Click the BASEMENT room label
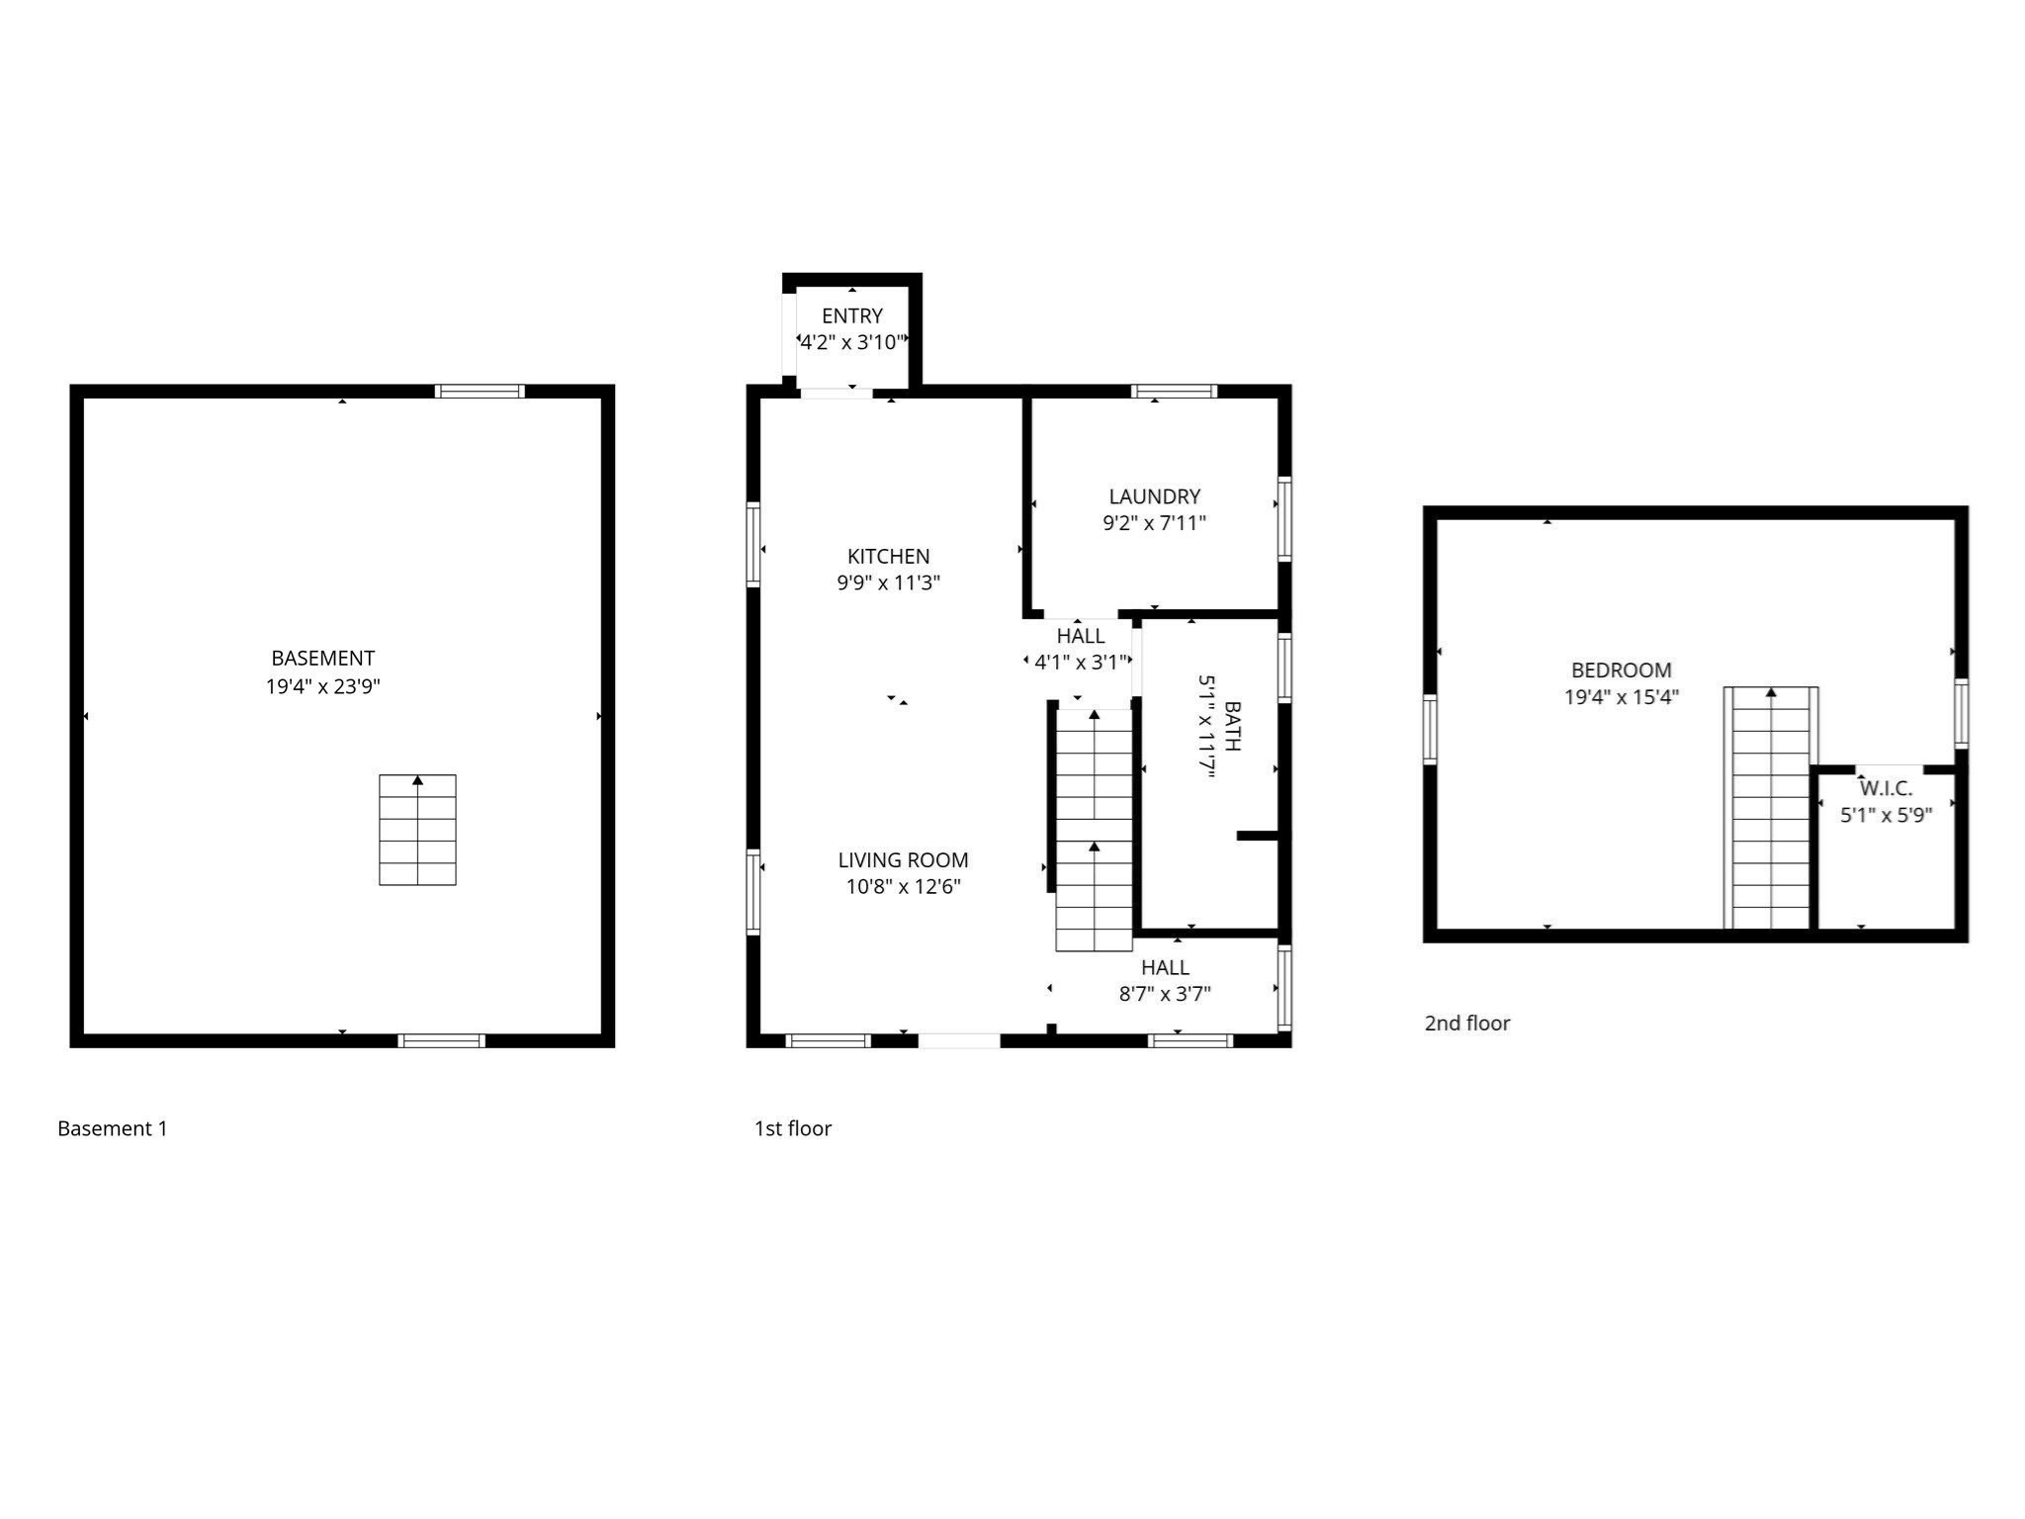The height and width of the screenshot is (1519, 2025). (x=322, y=658)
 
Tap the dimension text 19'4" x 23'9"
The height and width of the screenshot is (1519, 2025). (x=322, y=686)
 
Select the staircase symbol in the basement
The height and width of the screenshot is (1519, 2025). (x=417, y=830)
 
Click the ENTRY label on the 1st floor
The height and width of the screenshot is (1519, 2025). (x=851, y=315)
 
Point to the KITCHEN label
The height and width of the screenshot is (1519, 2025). (x=888, y=556)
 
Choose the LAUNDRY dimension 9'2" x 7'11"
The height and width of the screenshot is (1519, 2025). (x=1154, y=523)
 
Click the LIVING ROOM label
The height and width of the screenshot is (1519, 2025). (x=903, y=860)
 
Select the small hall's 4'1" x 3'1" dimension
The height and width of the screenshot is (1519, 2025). (x=1080, y=663)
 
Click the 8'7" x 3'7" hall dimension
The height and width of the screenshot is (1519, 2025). (x=1165, y=994)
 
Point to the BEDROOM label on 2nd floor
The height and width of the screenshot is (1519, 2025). (x=1621, y=670)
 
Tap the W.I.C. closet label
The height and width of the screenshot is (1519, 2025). (x=1886, y=788)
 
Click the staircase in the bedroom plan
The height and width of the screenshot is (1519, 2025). (x=1770, y=807)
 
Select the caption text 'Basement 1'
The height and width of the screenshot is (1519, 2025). (x=113, y=1128)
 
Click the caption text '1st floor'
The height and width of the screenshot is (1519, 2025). (x=792, y=1128)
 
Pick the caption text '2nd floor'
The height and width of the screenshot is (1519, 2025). (x=1466, y=1024)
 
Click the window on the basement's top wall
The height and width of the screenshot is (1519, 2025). (x=480, y=392)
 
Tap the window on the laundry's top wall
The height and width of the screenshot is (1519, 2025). (x=1174, y=392)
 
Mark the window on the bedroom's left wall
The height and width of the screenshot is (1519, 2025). (x=1430, y=729)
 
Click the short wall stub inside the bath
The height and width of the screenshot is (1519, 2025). (x=1258, y=836)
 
